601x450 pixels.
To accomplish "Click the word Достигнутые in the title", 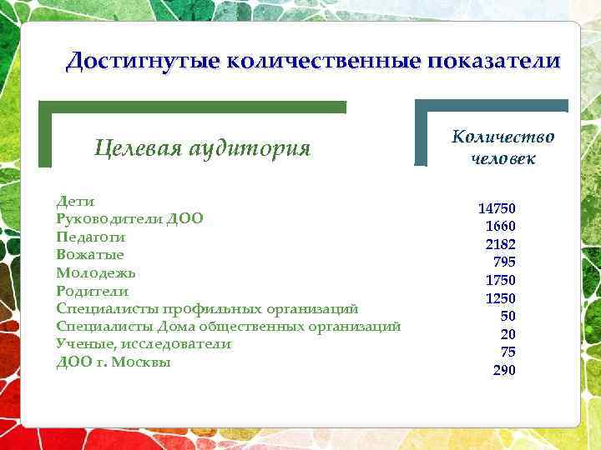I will pyautogui.click(x=142, y=61).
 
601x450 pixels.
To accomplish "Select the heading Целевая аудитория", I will pyautogui.click(x=203, y=149).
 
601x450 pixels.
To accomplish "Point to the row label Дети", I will pyautogui.click(x=75, y=202).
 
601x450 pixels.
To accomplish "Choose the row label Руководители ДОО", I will pyautogui.click(x=129, y=219).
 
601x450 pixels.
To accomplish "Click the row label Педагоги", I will pyautogui.click(x=91, y=237).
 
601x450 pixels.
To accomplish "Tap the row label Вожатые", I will pyautogui.click(x=90, y=255).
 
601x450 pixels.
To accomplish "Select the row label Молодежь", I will pyautogui.click(x=96, y=272).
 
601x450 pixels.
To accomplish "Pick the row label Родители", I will pyautogui.click(x=92, y=291).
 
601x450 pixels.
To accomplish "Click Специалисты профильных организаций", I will pyautogui.click(x=207, y=308).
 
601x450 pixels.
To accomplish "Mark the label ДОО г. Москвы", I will pyautogui.click(x=114, y=362).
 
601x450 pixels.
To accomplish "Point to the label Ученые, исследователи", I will pyautogui.click(x=144, y=344).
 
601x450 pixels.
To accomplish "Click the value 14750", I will pyautogui.click(x=497, y=208).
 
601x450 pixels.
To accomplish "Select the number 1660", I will pyautogui.click(x=500, y=227).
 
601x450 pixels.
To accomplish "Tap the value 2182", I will pyautogui.click(x=500, y=244).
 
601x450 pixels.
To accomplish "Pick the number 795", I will pyautogui.click(x=504, y=262).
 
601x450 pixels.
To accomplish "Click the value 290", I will pyautogui.click(x=504, y=370).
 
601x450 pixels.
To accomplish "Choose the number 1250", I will pyautogui.click(x=500, y=298).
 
